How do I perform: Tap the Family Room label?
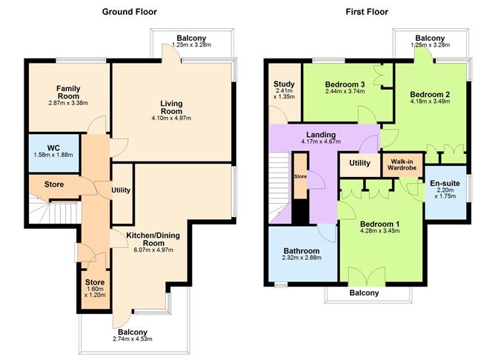68,93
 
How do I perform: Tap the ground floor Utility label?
121,190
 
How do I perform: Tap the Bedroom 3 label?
345,85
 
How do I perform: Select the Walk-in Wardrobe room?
401,163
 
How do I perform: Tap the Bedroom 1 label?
379,222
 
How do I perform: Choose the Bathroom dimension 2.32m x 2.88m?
301,259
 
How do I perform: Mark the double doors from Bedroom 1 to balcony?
367,276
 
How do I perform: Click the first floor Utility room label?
359,162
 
